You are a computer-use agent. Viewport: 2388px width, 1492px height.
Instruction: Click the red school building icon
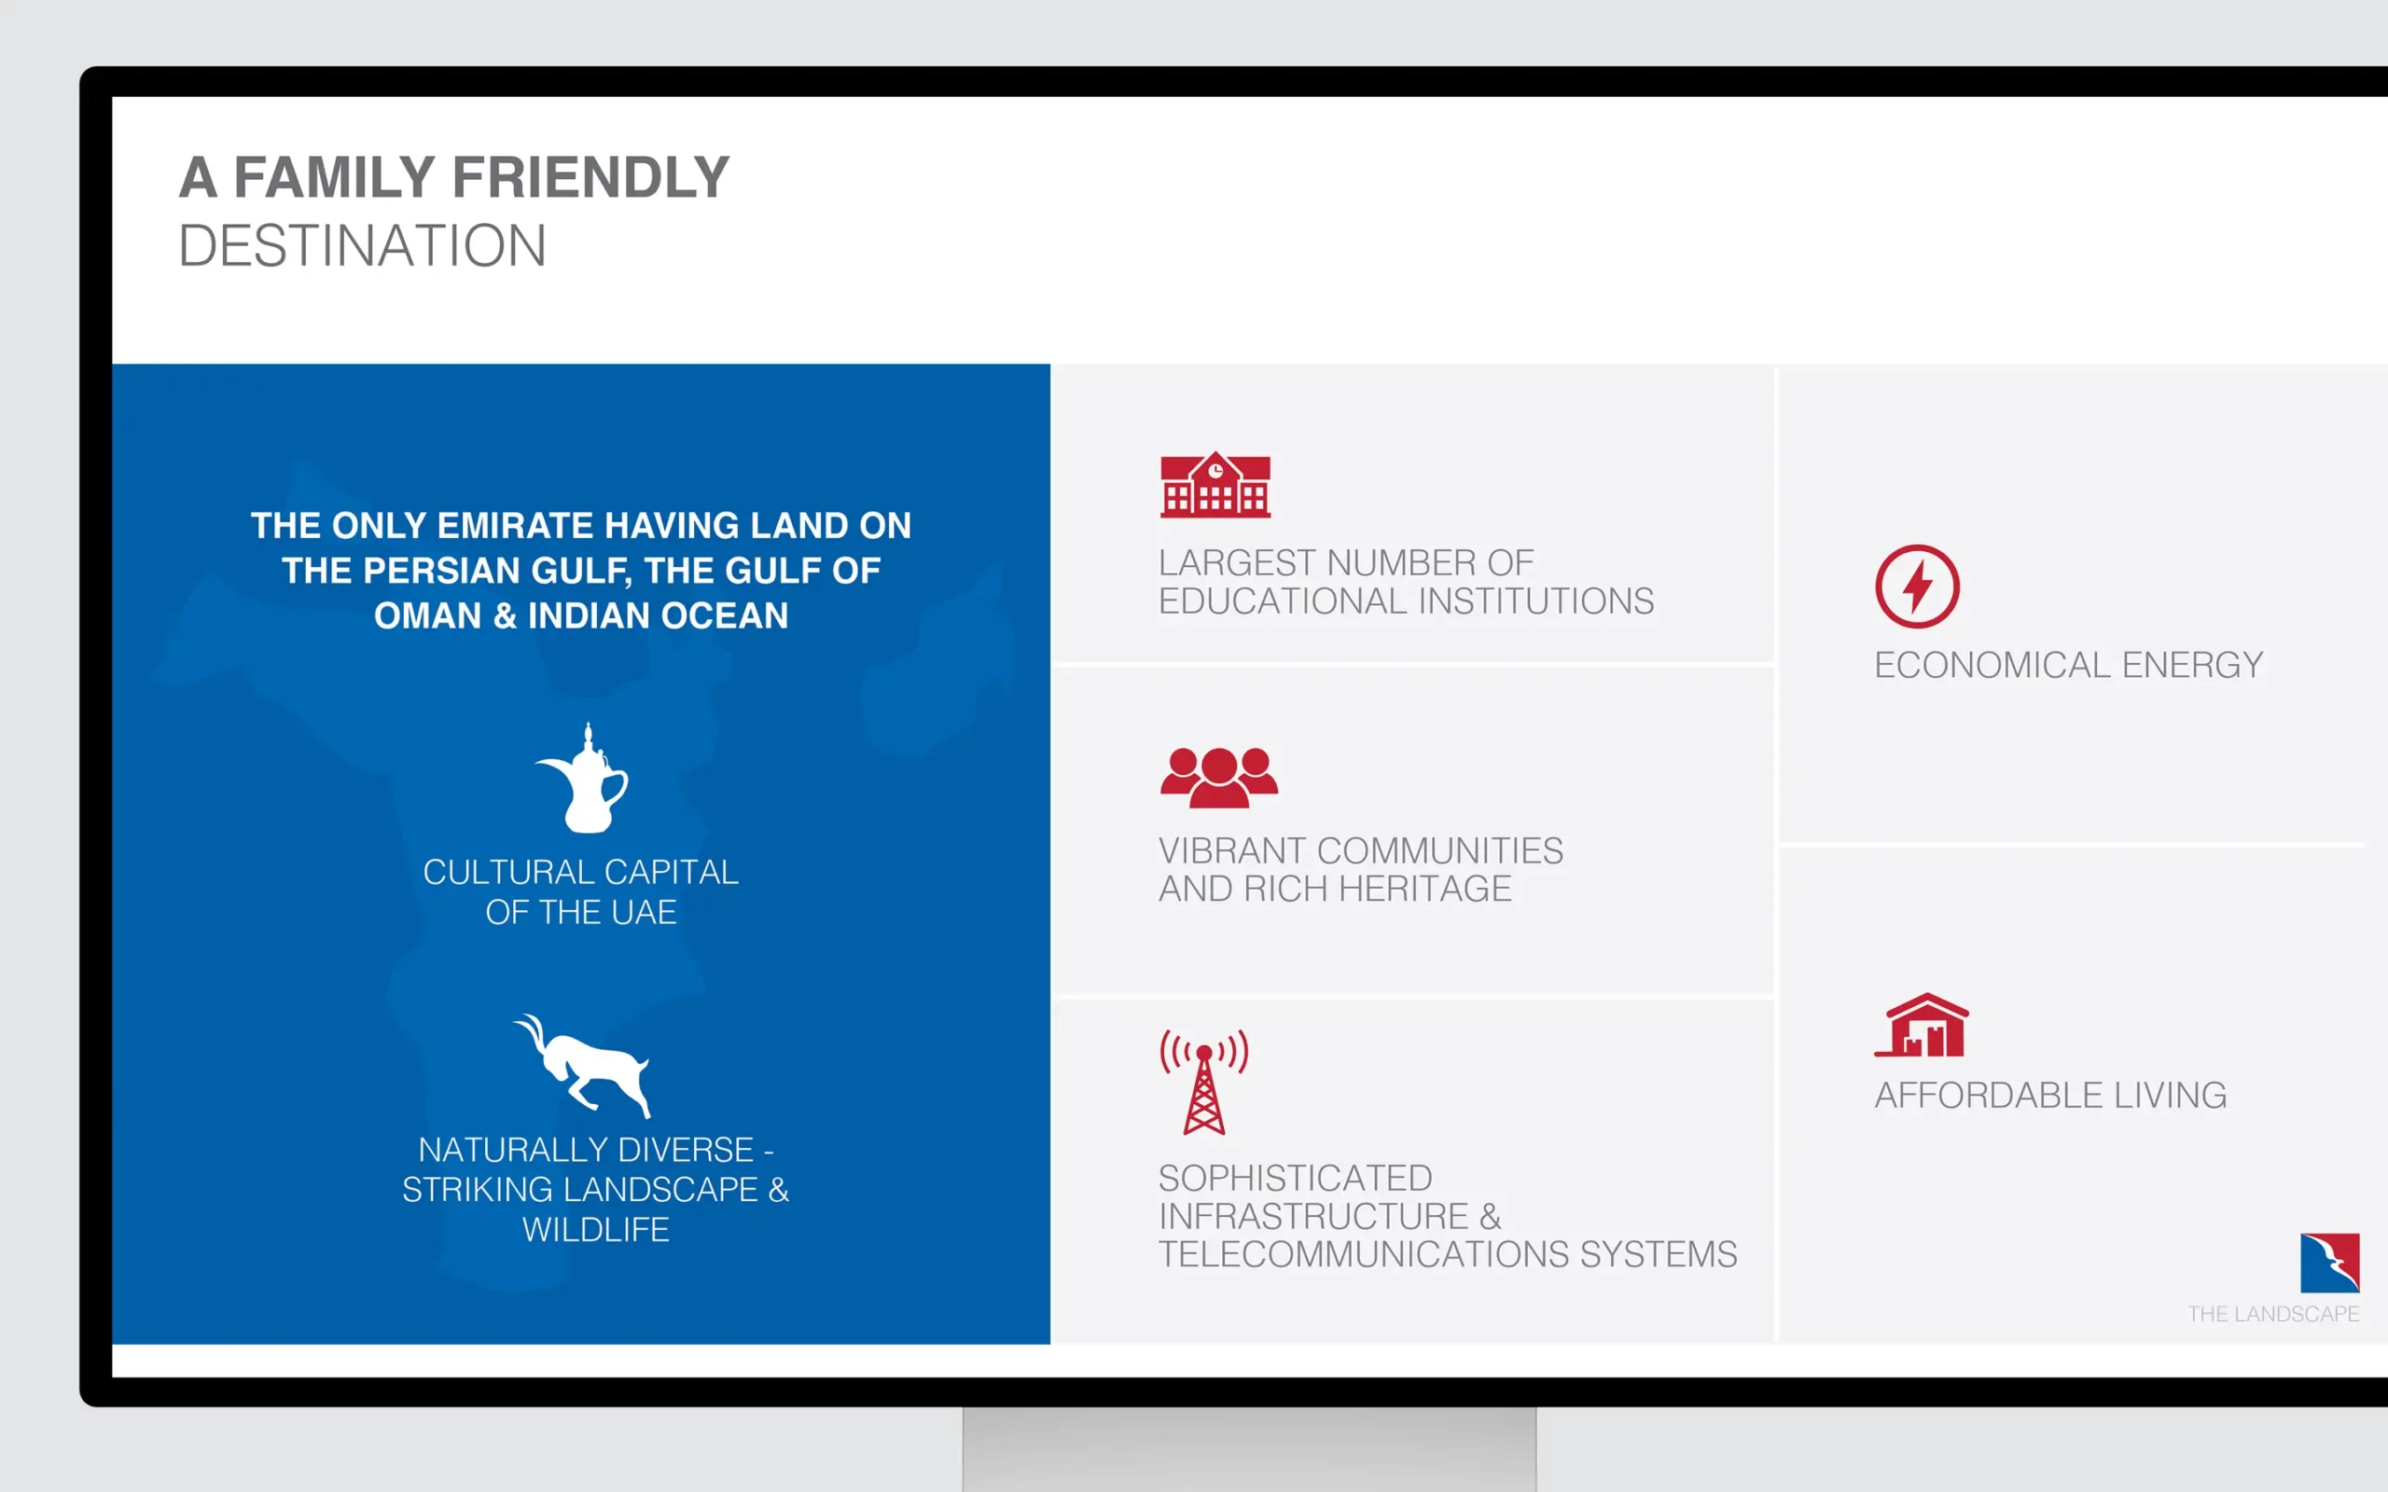1215,485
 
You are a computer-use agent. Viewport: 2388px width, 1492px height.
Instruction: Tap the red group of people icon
1218,778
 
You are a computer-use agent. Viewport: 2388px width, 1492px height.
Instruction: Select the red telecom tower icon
1204,1082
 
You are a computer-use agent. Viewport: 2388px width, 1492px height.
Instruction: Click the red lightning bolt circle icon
1916,587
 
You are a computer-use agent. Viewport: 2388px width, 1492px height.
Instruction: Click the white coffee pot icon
583,778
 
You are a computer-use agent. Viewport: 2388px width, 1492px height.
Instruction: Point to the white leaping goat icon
582,1066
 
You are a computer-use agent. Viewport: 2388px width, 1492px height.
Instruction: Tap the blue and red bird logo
2330,1262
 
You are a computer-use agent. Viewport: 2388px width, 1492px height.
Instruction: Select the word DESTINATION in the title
362,245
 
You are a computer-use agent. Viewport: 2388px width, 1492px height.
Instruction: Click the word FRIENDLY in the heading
590,177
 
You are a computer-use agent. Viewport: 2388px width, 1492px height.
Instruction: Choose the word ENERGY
2193,665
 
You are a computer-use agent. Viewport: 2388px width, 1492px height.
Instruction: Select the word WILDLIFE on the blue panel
596,1230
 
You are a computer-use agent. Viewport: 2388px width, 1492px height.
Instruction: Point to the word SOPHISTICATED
1295,1178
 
